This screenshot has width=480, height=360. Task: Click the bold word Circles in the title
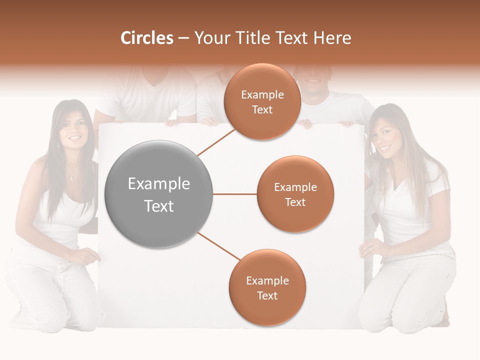point(146,38)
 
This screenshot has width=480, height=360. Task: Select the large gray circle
point(159,194)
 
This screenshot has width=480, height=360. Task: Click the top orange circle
point(262,102)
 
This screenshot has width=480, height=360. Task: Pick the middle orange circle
point(295,194)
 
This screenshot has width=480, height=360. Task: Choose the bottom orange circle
point(267,287)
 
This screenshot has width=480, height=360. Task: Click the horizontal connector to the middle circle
point(234,194)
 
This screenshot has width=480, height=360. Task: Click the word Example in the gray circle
point(159,184)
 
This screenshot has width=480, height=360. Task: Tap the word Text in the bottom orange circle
point(267,295)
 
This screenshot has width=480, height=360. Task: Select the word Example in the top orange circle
point(262,94)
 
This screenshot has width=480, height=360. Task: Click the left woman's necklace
point(72,177)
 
